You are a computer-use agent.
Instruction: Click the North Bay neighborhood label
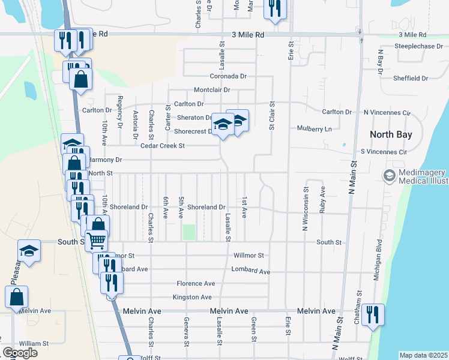click(x=391, y=134)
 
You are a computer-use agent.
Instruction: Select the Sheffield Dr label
click(x=411, y=78)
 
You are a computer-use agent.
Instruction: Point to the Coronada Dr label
click(x=228, y=76)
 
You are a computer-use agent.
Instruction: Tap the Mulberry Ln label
click(x=315, y=128)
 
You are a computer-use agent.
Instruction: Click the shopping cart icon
click(x=96, y=240)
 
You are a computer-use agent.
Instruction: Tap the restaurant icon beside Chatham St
click(x=373, y=314)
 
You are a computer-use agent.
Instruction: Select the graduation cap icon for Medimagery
click(x=389, y=176)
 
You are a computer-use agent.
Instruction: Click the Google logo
click(x=20, y=353)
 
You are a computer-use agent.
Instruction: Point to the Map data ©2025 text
click(x=423, y=355)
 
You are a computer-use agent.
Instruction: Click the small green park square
click(x=189, y=232)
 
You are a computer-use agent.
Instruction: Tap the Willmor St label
click(x=249, y=255)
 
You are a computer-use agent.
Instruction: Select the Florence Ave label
click(x=196, y=283)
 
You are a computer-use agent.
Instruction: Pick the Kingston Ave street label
click(x=192, y=297)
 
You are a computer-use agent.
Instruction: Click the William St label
click(x=34, y=343)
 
